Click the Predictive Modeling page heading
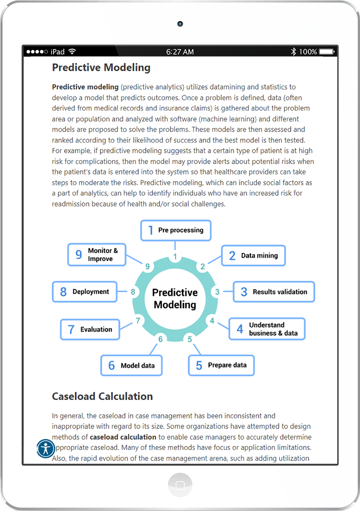pos(101,68)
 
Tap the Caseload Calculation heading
pos(102,396)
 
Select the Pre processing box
pos(175,231)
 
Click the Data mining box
pos(253,255)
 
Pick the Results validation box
pos(274,292)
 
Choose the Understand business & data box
pos(267,329)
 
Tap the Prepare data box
pos(221,365)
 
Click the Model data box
pos(131,366)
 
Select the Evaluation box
pos(90,330)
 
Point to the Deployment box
pos(84,292)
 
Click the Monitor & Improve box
pos(96,255)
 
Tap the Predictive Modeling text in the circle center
pos(175,299)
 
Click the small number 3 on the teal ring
pos(217,292)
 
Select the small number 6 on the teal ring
pos(160,339)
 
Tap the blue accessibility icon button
pos(46,448)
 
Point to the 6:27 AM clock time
pos(180,52)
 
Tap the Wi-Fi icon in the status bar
pos(72,52)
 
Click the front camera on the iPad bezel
pos(180,24)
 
